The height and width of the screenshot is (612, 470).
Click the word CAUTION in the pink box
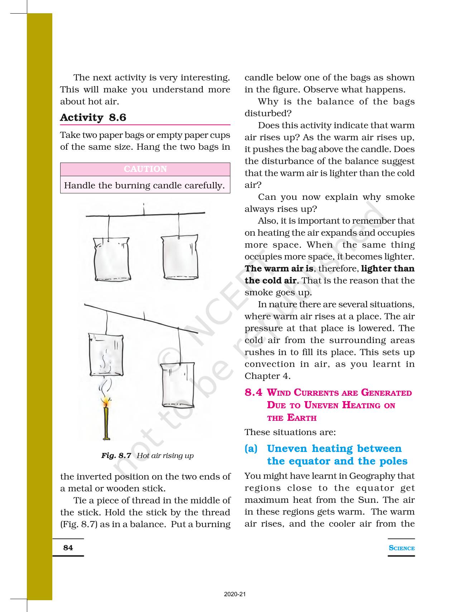pyautogui.click(x=145, y=169)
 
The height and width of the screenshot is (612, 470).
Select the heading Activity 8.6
pyautogui.click(x=93, y=117)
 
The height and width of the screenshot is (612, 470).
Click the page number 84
pyautogui.click(x=68, y=548)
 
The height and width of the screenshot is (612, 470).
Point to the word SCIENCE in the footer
pyautogui.click(x=402, y=548)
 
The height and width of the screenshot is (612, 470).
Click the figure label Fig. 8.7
pyautogui.click(x=116, y=456)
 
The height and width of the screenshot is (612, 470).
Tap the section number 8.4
pyautogui.click(x=254, y=392)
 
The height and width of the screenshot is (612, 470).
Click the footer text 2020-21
pyautogui.click(x=235, y=594)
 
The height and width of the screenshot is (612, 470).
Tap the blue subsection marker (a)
pyautogui.click(x=251, y=449)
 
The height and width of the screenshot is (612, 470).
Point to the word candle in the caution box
pyautogui.click(x=168, y=185)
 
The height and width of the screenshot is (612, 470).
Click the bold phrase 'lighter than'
pyautogui.click(x=388, y=269)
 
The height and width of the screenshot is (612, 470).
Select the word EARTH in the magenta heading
pyautogui.click(x=302, y=418)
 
